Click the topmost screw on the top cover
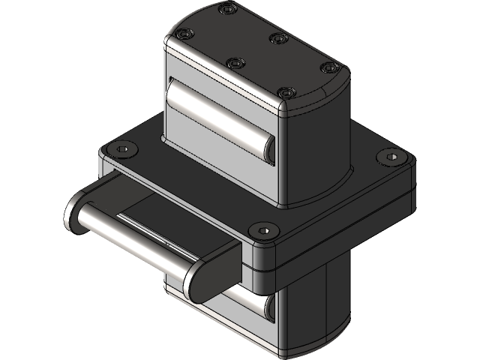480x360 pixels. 228,10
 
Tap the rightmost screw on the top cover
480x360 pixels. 327,68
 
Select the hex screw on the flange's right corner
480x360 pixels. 390,157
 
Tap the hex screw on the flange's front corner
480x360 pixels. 262,229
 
